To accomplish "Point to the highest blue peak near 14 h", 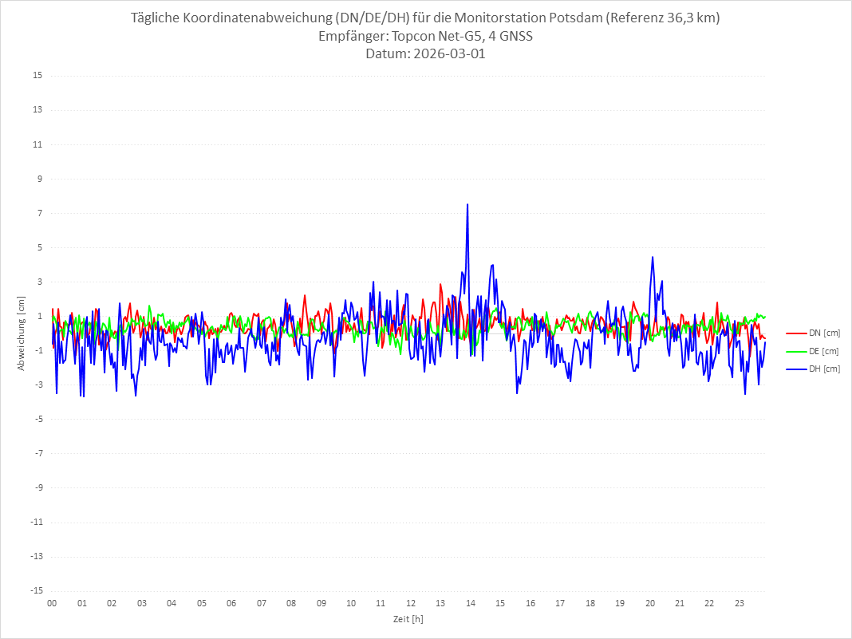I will pyautogui.click(x=467, y=204).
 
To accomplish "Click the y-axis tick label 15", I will pyautogui.click(x=37, y=76).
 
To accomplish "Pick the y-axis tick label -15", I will pyautogui.click(x=36, y=590).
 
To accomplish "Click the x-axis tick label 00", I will pyautogui.click(x=52, y=603).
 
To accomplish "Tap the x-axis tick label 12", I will pyautogui.click(x=411, y=603).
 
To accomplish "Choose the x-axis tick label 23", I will pyautogui.click(x=740, y=603).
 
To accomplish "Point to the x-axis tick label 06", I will pyautogui.click(x=231, y=603).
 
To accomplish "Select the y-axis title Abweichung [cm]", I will pyautogui.click(x=22, y=333).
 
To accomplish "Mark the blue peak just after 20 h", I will pyautogui.click(x=653, y=257).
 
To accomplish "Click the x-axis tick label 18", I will pyautogui.click(x=590, y=603).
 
